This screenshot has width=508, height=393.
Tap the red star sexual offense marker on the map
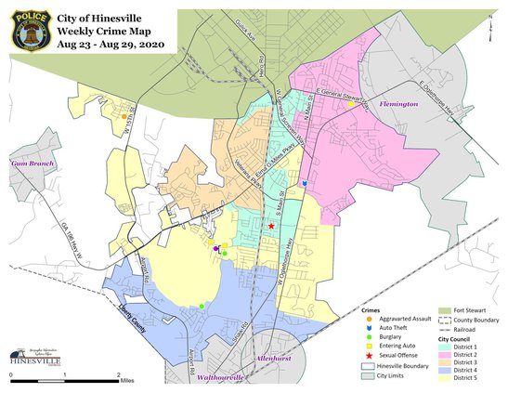pyautogui.click(x=271, y=226)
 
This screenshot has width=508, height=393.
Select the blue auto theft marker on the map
pyautogui.click(x=305, y=184)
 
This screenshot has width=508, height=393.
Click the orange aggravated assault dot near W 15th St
pyautogui.click(x=124, y=116)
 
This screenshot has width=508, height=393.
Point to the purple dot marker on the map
pyautogui.click(x=216, y=249)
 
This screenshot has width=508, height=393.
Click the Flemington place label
pyautogui.click(x=398, y=105)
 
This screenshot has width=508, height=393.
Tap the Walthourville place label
pyautogui.click(x=219, y=377)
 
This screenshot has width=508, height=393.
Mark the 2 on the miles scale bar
pyautogui.click(x=118, y=374)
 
